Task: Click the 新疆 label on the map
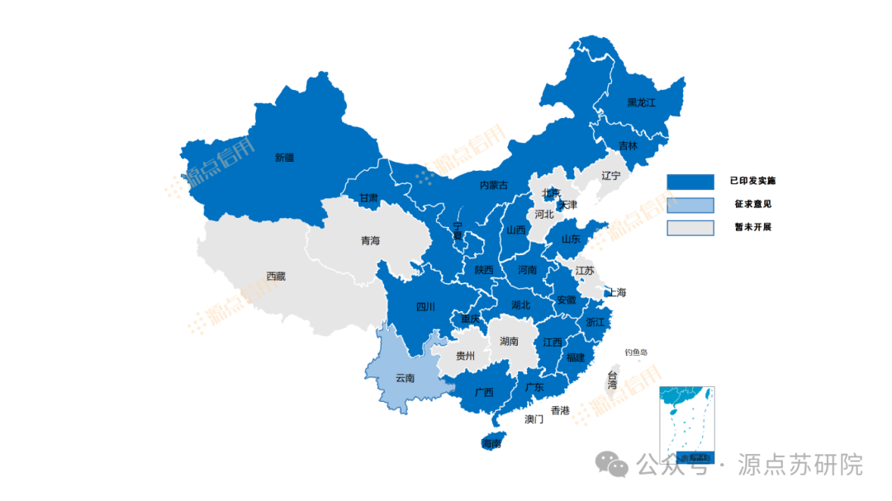coord(284,157)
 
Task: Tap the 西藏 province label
coord(275,276)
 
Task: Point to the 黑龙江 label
coord(641,103)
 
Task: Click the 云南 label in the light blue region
coord(405,378)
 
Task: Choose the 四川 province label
coord(425,306)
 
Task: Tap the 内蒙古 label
coord(494,186)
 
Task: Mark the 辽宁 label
coord(610,176)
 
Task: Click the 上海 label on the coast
coord(616,292)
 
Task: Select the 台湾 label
coord(612,380)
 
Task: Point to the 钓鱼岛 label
coord(636,352)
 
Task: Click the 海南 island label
coord(491,444)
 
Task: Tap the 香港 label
coord(560,410)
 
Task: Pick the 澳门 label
coord(534,419)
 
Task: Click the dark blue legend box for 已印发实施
coord(690,182)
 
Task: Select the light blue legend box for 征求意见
coord(690,205)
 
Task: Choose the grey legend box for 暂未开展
coord(690,227)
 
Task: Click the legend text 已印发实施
coord(752,181)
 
